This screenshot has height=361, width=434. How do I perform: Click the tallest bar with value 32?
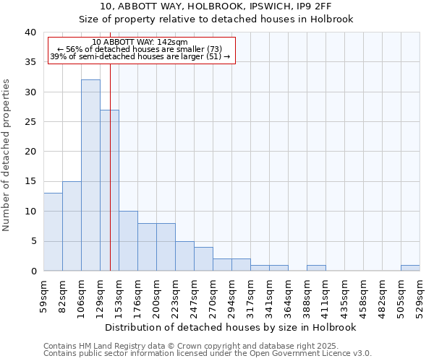(90, 175)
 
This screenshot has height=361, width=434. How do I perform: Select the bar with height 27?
(109, 191)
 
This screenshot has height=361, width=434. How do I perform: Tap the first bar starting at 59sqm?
(53, 232)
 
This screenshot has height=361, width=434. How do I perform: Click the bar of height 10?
(128, 241)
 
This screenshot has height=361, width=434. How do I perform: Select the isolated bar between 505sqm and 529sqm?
(410, 268)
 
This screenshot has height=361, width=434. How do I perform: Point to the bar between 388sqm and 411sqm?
(316, 268)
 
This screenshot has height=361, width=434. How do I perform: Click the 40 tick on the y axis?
(30, 32)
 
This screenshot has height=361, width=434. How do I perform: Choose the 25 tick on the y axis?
(30, 122)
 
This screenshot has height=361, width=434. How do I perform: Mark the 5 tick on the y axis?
(33, 241)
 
